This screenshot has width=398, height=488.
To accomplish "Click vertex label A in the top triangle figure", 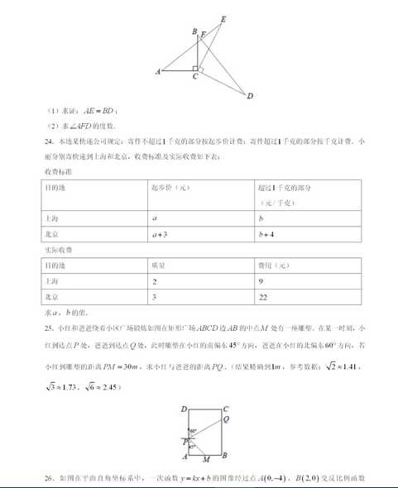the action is coord(157,72).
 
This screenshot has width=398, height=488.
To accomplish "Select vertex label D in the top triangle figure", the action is coord(250,96).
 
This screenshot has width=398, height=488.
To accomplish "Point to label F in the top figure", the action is coord(203,36).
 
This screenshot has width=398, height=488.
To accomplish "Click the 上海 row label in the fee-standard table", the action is coord(51,219).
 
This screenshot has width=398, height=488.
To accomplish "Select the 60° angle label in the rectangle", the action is coord(193,432).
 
